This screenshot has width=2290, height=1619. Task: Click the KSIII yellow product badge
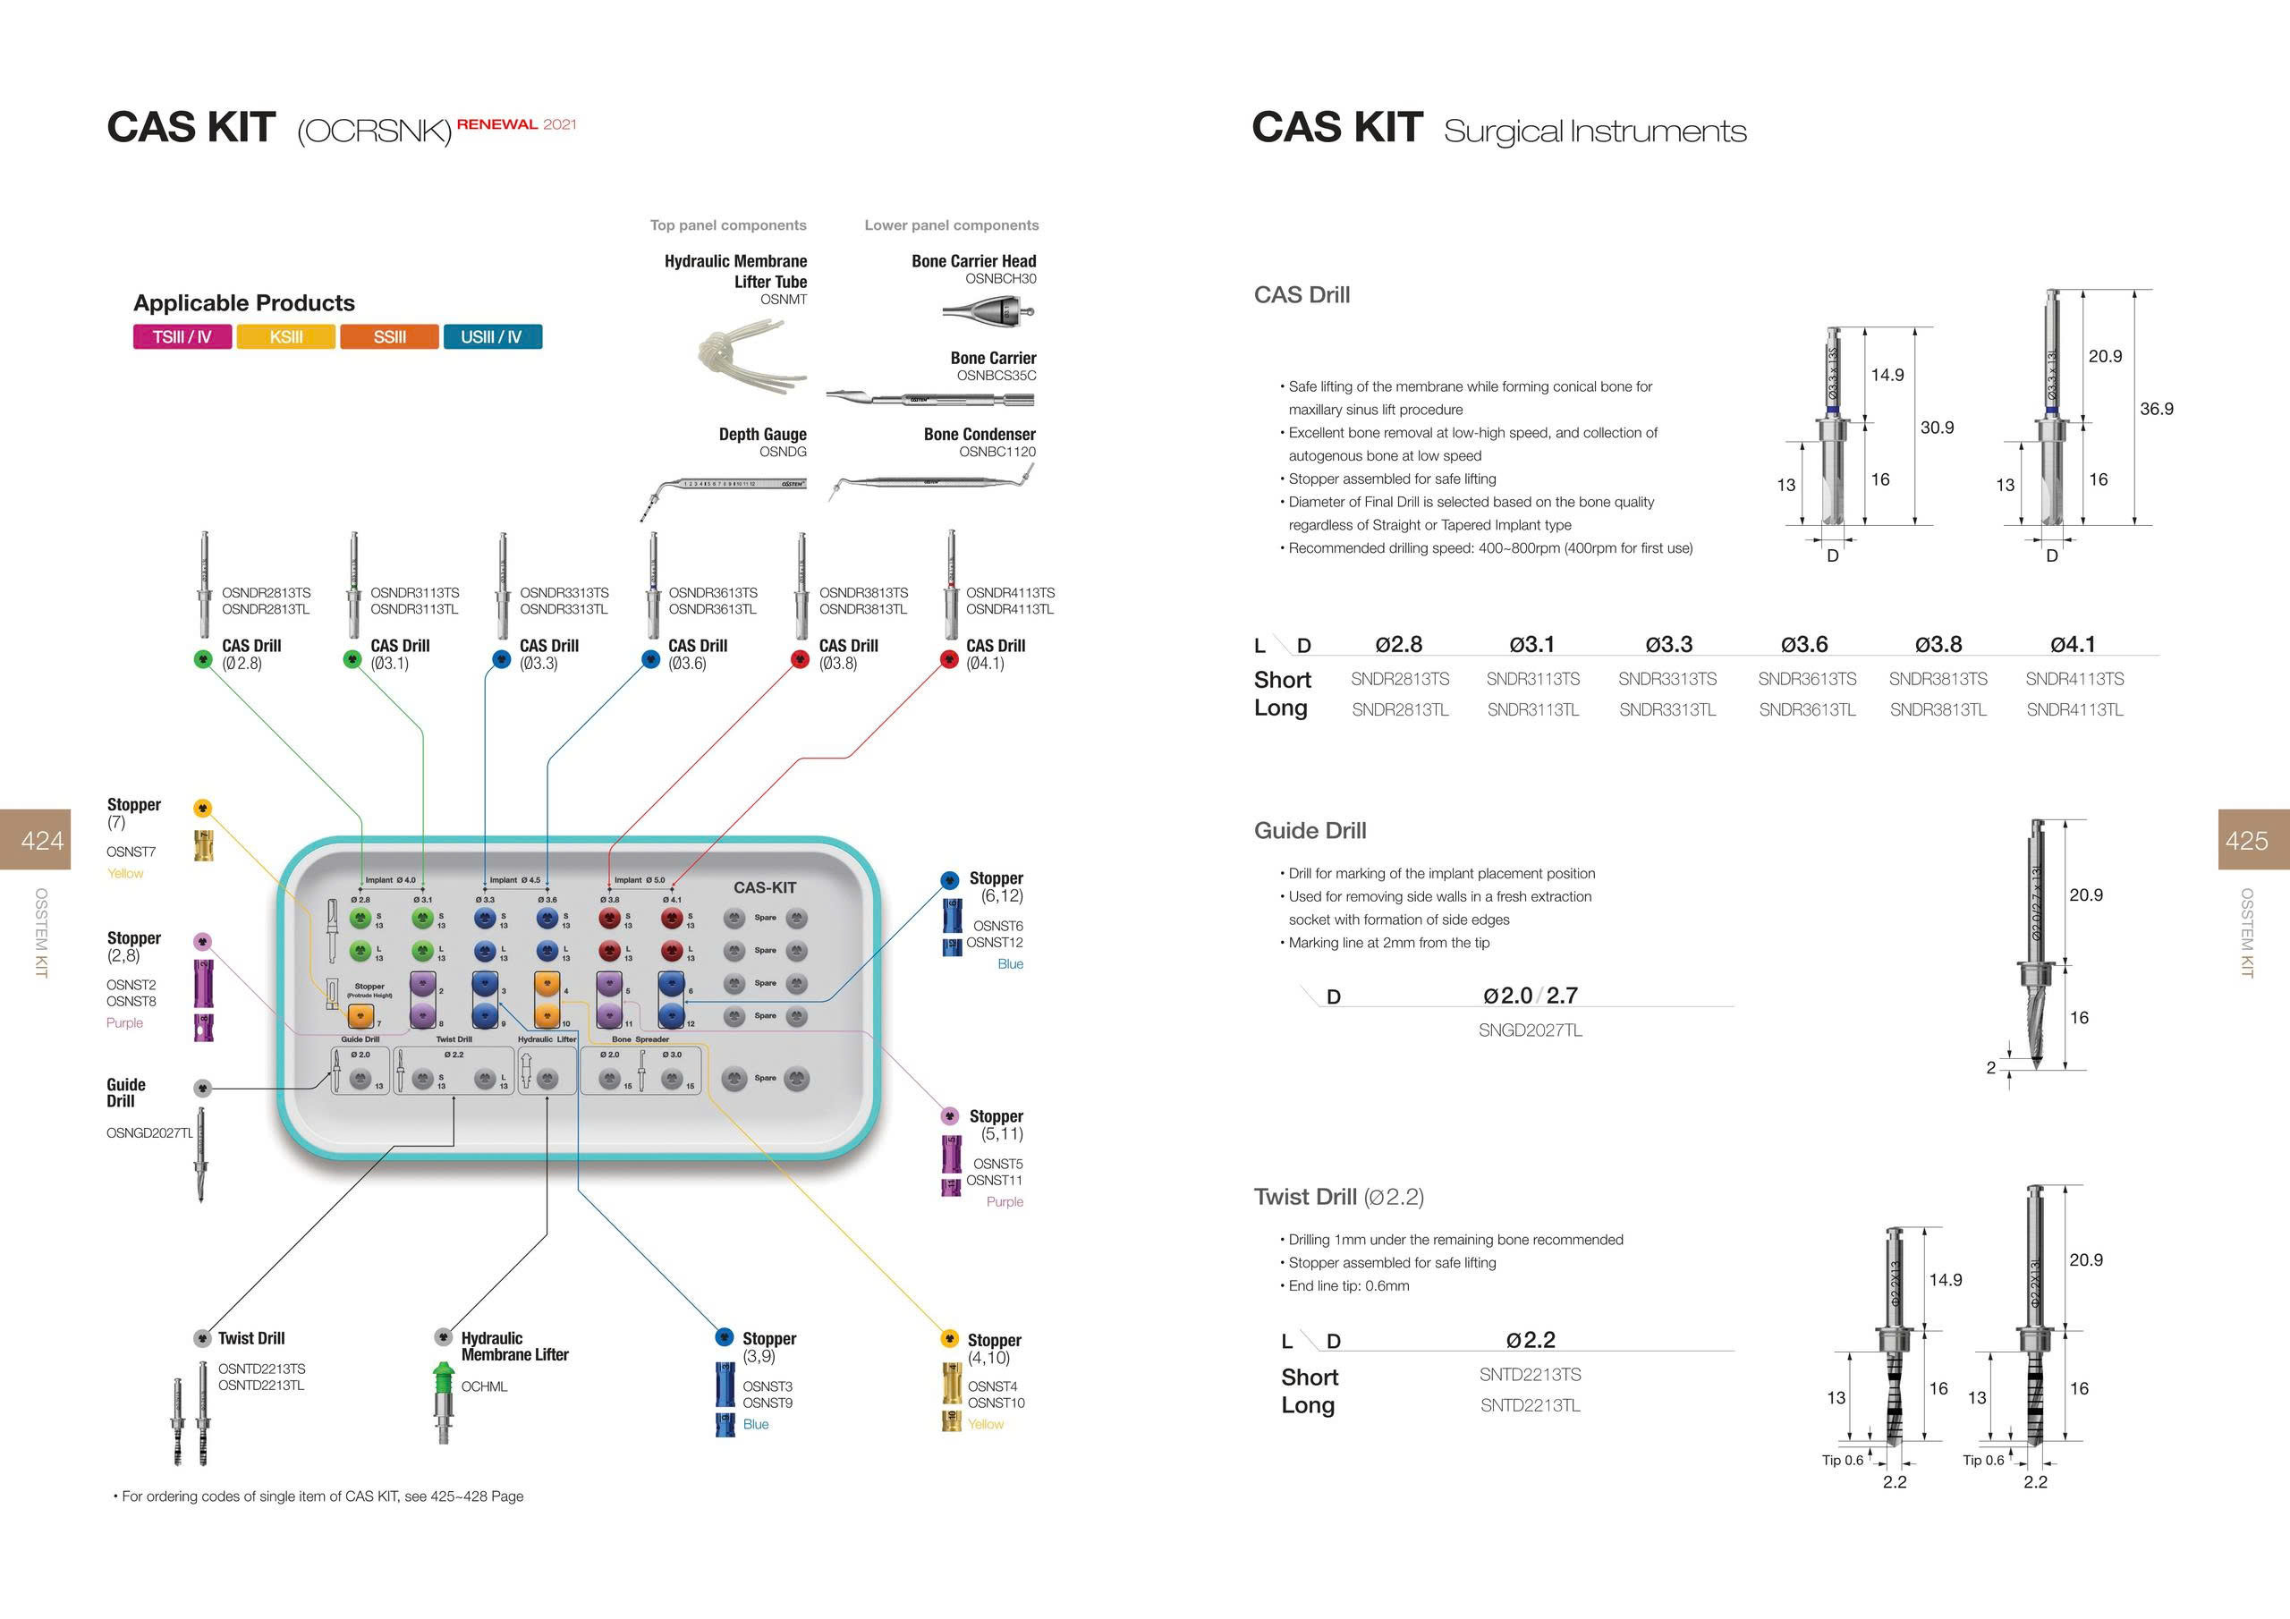click(286, 337)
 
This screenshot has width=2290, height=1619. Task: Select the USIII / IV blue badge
click(492, 337)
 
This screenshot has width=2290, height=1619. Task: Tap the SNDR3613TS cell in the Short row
click(1806, 679)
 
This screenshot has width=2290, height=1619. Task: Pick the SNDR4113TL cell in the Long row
click(2074, 710)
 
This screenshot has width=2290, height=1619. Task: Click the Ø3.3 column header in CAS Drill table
click(1667, 644)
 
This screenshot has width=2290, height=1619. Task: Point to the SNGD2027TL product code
click(1530, 1030)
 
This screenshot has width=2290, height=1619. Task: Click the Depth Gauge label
click(762, 434)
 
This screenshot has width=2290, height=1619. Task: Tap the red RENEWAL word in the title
click(496, 124)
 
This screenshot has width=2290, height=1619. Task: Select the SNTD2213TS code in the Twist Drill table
click(1530, 1375)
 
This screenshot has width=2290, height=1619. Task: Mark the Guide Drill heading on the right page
click(1310, 831)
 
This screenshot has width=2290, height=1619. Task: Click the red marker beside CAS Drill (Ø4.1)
click(949, 658)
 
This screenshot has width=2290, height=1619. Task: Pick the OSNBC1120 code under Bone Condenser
click(997, 452)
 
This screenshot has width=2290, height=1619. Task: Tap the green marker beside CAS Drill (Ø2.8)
click(203, 658)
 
